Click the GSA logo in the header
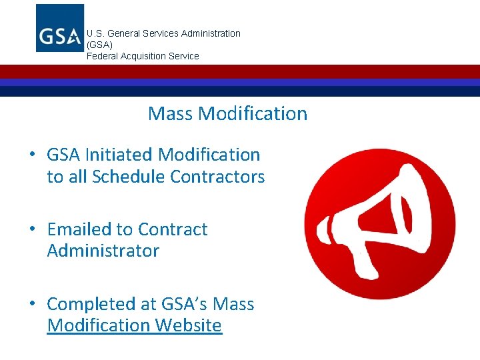[60, 28]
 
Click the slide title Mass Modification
[227, 113]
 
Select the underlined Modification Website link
[134, 325]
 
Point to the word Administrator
[103, 251]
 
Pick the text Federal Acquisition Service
[143, 56]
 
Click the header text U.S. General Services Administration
[163, 33]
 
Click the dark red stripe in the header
[240, 71]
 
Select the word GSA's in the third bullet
[183, 304]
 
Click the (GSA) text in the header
[100, 45]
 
